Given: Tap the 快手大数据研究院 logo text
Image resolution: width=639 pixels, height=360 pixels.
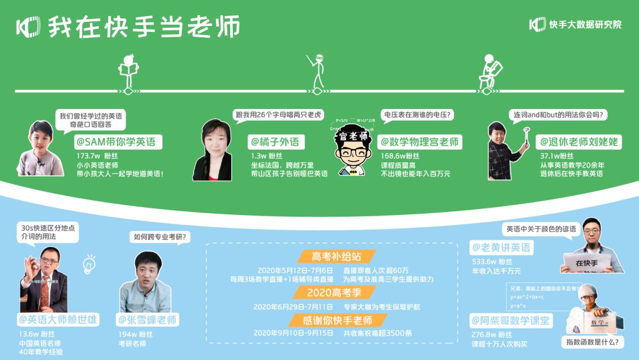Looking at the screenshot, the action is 585,25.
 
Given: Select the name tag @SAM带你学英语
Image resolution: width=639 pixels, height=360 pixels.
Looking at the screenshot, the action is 118,142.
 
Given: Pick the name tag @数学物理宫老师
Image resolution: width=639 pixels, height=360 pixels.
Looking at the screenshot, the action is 419,142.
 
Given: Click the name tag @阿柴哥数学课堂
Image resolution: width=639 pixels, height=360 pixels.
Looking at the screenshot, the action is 510,321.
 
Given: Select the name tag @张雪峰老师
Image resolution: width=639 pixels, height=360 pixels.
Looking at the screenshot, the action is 148,320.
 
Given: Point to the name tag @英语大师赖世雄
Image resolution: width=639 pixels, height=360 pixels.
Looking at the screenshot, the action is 57,320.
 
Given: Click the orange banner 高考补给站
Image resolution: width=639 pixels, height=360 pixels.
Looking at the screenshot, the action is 336,256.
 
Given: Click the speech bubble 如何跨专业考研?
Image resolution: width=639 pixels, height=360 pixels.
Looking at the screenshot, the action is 159,237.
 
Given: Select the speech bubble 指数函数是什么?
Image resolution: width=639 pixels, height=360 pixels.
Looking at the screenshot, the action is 592,342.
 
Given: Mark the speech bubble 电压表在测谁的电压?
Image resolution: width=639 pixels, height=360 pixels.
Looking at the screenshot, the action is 418,115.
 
